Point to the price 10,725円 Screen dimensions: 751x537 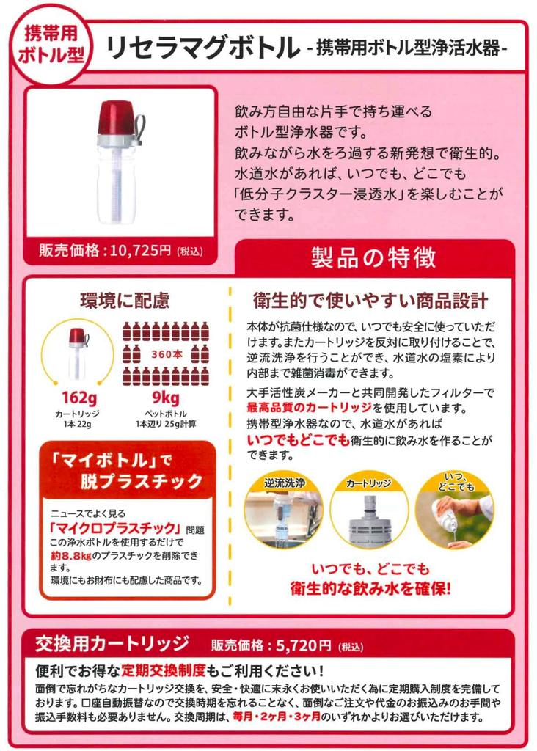(140, 251)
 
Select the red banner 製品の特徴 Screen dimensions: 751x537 (373, 257)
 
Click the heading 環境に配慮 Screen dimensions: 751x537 (125, 300)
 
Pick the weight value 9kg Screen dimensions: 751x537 (165, 398)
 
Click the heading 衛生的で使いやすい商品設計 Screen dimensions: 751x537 (370, 301)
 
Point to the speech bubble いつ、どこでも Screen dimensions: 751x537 (454, 483)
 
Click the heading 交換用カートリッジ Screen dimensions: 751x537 (112, 645)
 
